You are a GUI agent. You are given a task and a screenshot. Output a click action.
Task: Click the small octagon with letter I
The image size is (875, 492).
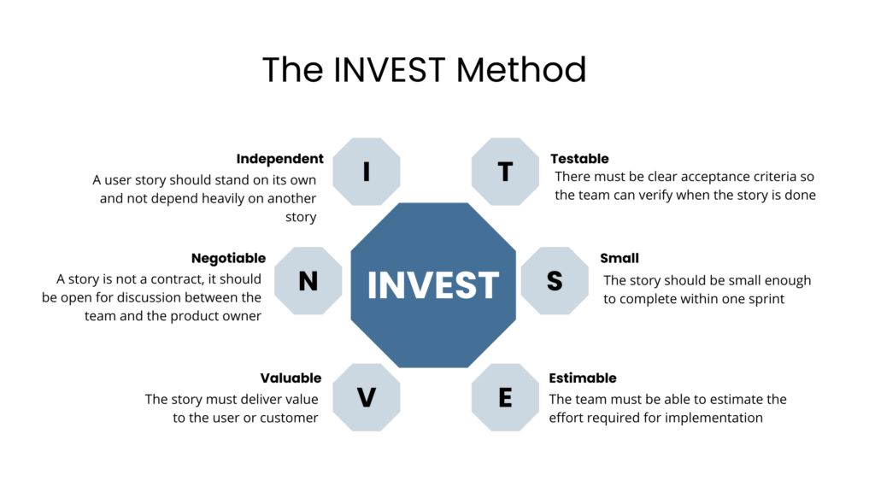pos(367,172)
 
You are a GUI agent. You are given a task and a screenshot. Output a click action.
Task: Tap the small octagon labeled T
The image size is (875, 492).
pos(505,172)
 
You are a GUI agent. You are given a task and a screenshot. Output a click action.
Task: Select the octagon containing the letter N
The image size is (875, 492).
pos(308,281)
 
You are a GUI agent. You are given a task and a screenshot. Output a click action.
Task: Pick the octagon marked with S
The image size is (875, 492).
pos(555,281)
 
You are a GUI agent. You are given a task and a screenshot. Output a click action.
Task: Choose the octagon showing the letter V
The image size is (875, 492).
pos(367,398)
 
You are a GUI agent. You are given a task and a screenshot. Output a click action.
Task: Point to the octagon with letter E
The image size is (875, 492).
pos(505,398)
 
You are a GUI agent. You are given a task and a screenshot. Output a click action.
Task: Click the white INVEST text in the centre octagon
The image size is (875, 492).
pos(433,285)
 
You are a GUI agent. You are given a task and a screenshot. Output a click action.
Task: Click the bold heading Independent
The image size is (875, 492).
pos(279,159)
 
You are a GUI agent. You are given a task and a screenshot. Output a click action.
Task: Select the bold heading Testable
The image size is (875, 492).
pos(580,159)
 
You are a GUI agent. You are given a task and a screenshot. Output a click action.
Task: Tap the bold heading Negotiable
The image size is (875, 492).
pos(228,258)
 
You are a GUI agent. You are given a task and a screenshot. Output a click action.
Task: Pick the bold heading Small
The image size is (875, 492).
pos(620,258)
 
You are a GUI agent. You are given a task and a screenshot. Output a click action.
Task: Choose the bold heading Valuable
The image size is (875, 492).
pos(291,378)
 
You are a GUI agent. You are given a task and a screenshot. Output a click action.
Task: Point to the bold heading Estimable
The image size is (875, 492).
pos(583,378)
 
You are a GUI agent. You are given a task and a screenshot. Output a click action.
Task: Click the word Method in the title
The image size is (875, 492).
pos(521,70)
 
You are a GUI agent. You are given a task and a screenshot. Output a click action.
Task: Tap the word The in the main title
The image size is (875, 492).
pos(292,70)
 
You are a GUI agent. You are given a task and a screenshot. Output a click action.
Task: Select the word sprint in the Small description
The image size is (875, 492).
pos(765,300)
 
